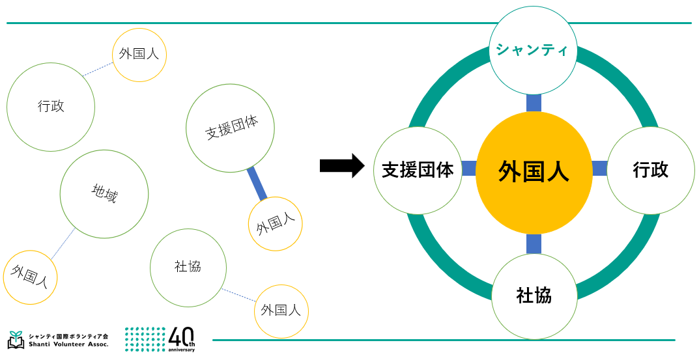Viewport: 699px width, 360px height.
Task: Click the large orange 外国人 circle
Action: [534, 171]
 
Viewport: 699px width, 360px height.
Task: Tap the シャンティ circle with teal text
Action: [533, 50]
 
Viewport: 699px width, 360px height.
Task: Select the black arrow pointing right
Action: [341, 165]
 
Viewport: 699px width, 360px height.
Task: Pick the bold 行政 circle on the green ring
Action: [650, 171]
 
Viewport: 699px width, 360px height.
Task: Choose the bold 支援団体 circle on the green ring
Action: [418, 171]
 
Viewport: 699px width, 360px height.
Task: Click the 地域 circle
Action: [104, 194]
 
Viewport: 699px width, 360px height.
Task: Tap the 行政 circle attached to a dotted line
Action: [51, 107]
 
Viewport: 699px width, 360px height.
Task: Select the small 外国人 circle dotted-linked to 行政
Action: [139, 55]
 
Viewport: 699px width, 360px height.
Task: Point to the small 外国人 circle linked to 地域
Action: [30, 277]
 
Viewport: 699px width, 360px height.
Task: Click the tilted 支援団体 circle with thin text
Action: [230, 128]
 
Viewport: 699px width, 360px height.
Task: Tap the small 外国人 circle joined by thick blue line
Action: [276, 224]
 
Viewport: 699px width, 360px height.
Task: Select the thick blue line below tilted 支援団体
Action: [257, 184]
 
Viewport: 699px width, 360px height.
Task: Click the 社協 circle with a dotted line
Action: [188, 267]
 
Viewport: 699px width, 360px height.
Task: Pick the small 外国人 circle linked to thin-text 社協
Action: [281, 311]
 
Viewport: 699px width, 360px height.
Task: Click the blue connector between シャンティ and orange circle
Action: [534, 103]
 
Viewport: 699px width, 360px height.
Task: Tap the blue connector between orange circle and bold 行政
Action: [599, 169]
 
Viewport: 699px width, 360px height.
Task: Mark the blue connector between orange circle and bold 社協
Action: [534, 243]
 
